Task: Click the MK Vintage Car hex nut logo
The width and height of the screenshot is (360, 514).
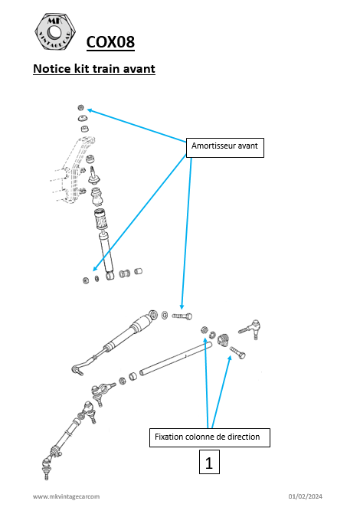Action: [55, 32]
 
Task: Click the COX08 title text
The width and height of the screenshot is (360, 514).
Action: [110, 42]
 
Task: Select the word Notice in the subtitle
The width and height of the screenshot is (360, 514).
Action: [52, 69]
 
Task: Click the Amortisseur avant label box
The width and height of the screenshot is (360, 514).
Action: [225, 148]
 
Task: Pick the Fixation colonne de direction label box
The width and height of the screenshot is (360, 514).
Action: [210, 437]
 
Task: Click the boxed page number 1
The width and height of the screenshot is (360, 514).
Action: [209, 462]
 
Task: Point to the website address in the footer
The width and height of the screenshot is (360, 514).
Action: [66, 496]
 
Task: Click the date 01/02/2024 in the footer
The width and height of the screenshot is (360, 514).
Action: [306, 496]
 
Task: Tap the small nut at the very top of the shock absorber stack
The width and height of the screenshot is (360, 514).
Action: [80, 107]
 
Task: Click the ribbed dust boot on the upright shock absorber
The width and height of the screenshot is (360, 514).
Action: [100, 218]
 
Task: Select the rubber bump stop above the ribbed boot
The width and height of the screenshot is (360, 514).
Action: [97, 195]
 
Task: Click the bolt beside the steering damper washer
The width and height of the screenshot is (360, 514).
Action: [182, 316]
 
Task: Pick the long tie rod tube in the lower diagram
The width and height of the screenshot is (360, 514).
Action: [175, 358]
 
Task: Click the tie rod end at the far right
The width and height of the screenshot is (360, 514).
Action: [250, 329]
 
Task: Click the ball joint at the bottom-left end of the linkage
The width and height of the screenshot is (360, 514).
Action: [46, 467]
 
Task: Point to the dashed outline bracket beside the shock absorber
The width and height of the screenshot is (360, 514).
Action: [74, 171]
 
